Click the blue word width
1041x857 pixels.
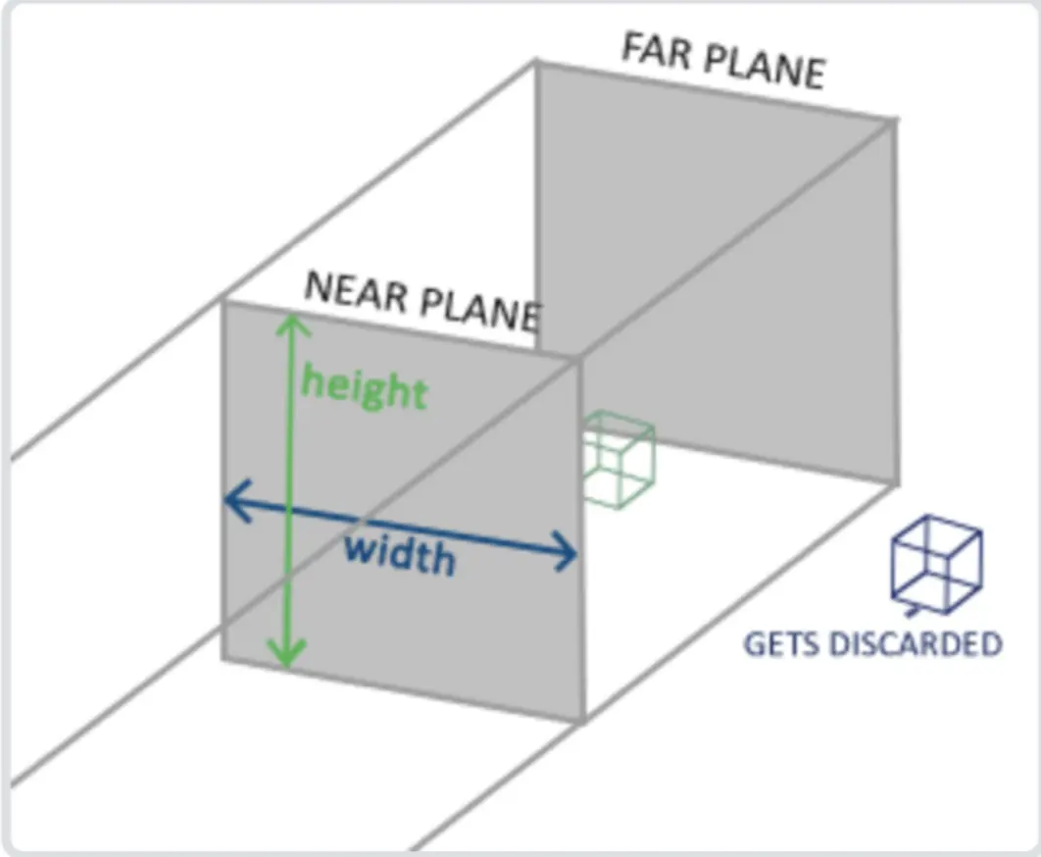400,556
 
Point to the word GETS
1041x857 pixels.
780,644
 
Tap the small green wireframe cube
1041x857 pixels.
618,459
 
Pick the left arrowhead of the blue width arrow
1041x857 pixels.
233,501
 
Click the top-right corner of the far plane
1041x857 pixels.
894,121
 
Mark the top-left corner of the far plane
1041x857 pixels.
536,62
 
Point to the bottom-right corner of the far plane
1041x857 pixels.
896,482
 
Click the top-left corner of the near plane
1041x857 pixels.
224,301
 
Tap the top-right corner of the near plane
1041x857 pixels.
580,359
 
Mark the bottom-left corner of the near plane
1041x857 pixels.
223,660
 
